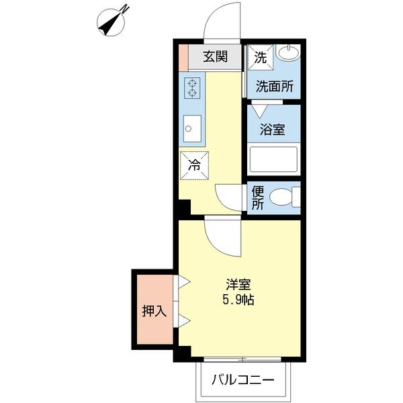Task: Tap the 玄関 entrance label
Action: click(x=216, y=56)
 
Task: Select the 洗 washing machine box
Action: click(x=260, y=56)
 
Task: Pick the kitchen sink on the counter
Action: click(x=191, y=130)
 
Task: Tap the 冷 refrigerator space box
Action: click(x=194, y=165)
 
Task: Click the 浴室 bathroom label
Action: click(x=273, y=128)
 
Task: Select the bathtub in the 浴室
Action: click(x=273, y=160)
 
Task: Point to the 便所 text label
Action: click(x=257, y=197)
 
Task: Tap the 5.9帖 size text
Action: click(x=238, y=300)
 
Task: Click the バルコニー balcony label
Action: click(x=243, y=379)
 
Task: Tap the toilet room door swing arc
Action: click(x=230, y=197)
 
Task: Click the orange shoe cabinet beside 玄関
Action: click(x=184, y=57)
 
